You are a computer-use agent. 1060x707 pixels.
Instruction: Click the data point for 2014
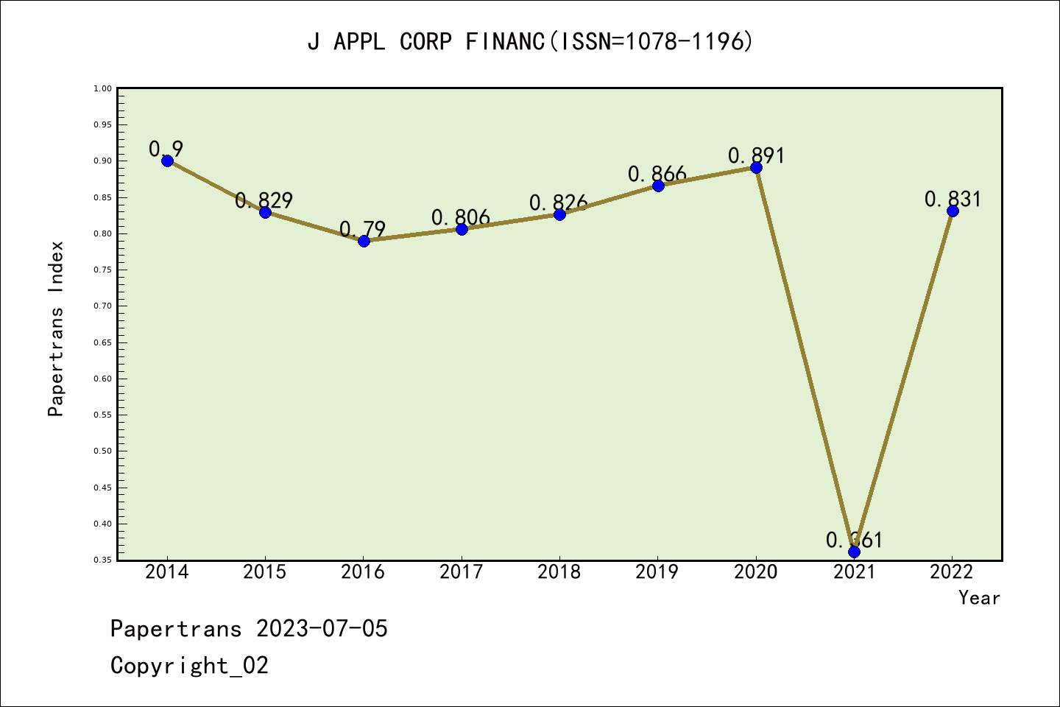coord(167,161)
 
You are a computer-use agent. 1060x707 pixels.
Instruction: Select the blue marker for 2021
coord(854,552)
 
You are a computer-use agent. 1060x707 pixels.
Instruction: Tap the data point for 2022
coord(953,211)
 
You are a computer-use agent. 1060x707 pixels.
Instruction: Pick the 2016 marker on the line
coord(364,241)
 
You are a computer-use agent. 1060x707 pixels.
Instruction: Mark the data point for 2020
coord(756,168)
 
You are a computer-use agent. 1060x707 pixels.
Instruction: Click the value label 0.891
coord(756,155)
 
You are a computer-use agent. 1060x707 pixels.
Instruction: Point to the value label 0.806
coord(461,217)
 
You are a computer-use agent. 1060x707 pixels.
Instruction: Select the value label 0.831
coord(953,199)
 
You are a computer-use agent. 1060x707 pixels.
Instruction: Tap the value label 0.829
coord(264,200)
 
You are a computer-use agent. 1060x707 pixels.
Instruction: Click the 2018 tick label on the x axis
coord(559,572)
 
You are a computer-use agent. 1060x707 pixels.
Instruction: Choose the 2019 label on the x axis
coord(657,572)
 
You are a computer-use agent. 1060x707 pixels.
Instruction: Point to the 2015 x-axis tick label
coord(265,572)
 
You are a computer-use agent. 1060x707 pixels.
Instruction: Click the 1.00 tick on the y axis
coord(102,89)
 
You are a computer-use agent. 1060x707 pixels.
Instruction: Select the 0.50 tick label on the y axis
coord(102,451)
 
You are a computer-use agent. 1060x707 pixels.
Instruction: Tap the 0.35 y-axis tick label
coord(102,560)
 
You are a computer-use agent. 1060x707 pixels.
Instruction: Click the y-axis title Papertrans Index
coord(56,328)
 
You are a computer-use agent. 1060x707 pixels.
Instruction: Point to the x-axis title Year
coord(979,598)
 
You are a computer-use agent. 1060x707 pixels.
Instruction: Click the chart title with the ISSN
coord(530,42)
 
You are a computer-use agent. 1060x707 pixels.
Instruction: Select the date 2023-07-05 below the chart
coord(322,629)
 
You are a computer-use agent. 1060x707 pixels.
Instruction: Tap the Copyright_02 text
coord(189,666)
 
